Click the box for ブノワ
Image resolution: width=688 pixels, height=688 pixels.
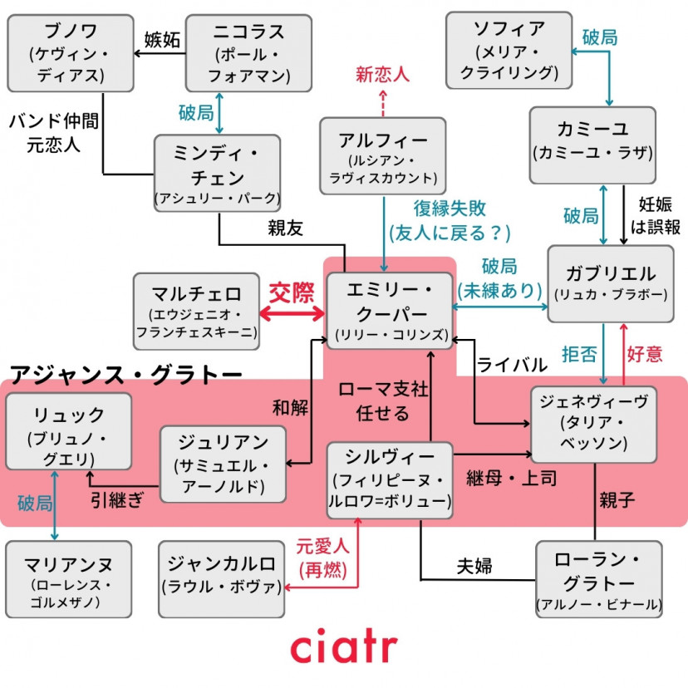(71, 53)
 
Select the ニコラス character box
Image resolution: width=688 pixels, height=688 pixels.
(248, 53)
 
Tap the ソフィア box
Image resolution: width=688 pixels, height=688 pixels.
(509, 50)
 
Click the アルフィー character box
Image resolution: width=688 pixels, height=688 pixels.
(383, 156)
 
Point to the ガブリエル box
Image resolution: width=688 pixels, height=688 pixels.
(610, 283)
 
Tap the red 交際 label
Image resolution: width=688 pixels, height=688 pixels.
(292, 292)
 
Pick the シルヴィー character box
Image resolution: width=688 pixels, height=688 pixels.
(390, 479)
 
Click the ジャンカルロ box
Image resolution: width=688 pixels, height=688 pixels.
(221, 578)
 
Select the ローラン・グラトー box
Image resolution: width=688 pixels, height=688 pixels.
(598, 579)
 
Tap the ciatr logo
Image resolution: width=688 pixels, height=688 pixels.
(343, 647)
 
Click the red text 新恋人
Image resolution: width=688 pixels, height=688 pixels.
(383, 74)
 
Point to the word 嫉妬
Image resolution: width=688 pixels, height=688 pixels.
(162, 39)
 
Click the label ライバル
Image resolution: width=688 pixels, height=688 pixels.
(512, 365)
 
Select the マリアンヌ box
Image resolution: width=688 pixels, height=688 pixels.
(68, 579)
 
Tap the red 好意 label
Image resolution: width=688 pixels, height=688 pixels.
(645, 354)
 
